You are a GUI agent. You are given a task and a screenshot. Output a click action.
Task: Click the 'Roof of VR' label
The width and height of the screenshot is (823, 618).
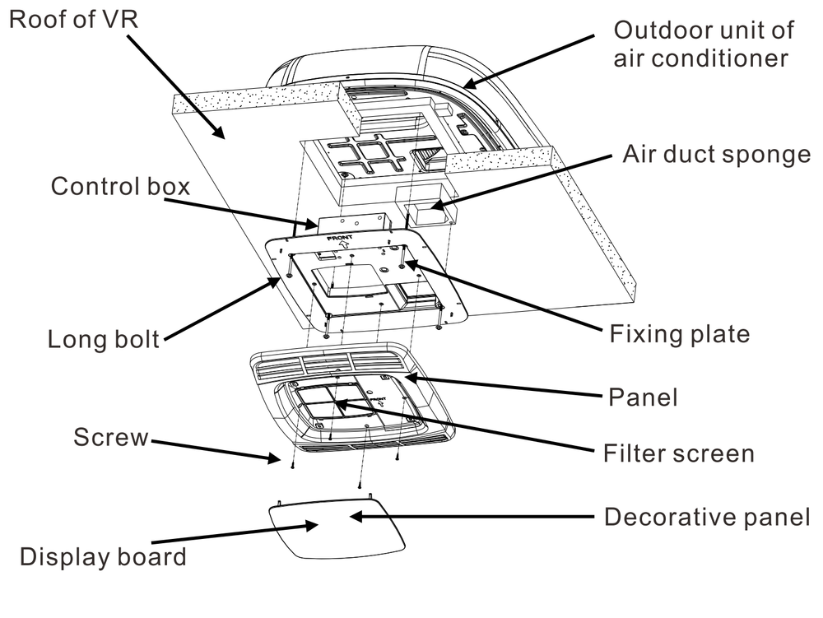click(74, 20)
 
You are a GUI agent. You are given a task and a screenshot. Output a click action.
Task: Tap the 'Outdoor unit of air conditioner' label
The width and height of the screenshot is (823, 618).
click(704, 44)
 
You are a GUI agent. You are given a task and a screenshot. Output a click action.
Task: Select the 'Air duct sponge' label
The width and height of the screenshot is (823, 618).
click(717, 155)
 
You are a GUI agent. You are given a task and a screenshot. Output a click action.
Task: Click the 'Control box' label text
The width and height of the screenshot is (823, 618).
click(120, 187)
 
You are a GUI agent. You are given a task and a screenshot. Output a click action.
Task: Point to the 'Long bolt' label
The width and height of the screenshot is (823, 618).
click(104, 339)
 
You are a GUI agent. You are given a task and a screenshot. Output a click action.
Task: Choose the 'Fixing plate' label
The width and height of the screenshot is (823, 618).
click(680, 334)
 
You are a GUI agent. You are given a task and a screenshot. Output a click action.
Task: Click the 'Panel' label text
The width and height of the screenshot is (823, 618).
click(643, 397)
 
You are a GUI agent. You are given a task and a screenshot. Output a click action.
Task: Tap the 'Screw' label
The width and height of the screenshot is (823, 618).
click(111, 437)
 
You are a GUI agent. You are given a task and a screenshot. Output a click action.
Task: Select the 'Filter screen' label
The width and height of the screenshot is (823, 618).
click(679, 453)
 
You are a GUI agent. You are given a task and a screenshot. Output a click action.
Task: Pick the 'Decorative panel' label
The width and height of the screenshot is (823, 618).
click(708, 517)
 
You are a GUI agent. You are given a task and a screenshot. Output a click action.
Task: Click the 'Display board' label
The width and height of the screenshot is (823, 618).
click(103, 556)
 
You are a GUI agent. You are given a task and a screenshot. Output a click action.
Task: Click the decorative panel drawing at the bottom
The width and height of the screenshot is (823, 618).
click(337, 527)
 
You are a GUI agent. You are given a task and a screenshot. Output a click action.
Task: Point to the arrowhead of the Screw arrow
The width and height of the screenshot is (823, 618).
click(275, 458)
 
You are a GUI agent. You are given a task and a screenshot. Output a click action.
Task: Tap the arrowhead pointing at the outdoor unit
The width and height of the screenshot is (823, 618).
click(470, 83)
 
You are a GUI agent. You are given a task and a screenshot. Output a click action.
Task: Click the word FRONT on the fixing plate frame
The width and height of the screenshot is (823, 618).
click(340, 238)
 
